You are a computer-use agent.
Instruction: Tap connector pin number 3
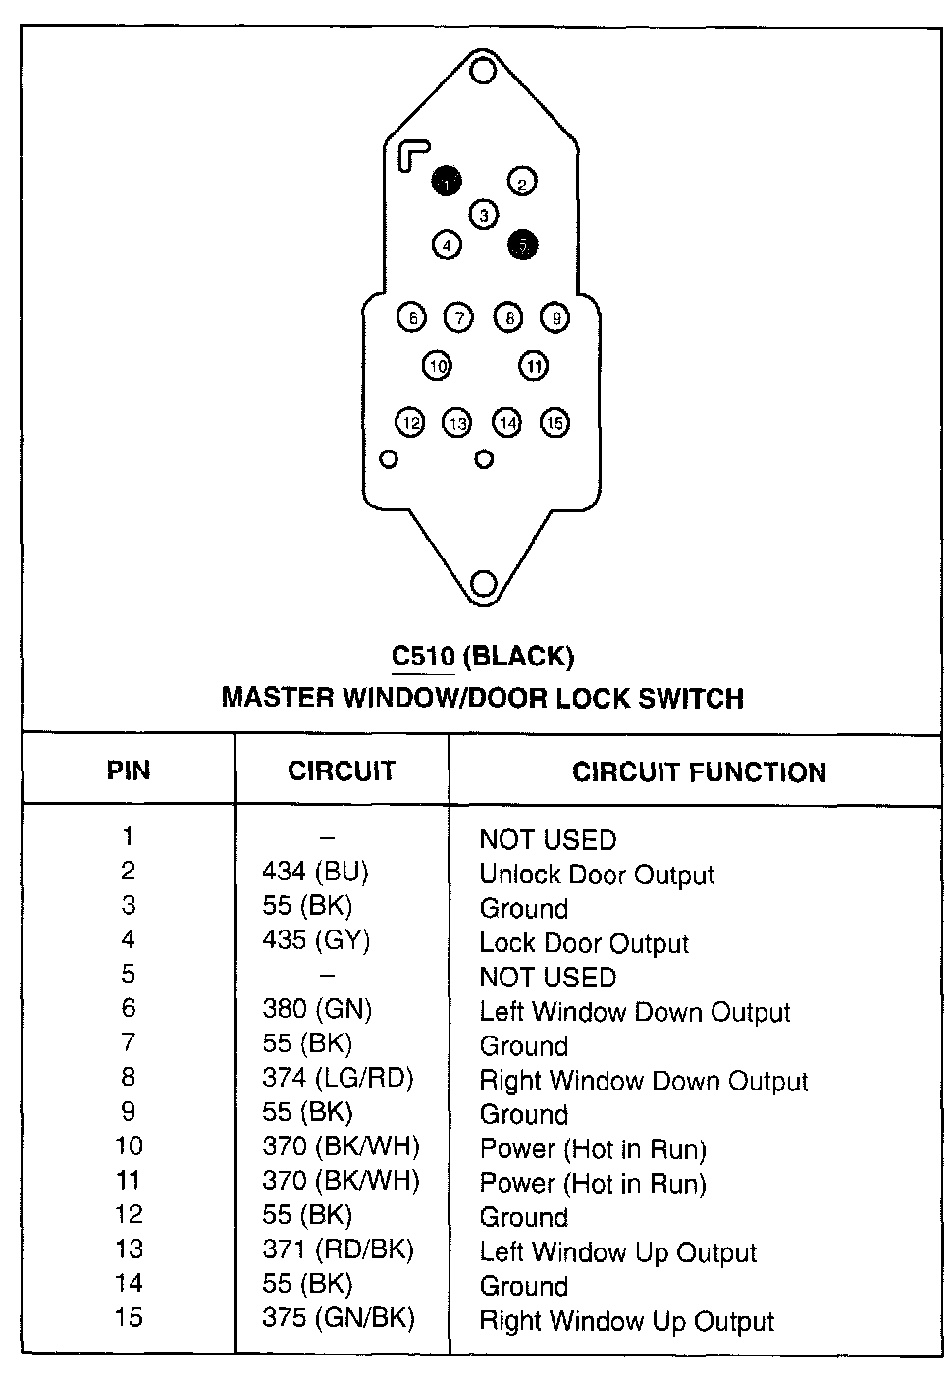pos(483,214)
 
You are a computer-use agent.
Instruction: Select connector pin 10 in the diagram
pos(437,366)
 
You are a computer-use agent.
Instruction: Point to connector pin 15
pos(555,422)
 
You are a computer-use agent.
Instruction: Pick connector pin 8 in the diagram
pos(508,317)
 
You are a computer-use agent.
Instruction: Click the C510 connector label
pos(423,656)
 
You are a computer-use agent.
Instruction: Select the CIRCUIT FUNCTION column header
pos(699,772)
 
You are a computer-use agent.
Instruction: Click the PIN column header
pos(129,771)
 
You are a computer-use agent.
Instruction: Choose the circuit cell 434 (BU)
pos(315,872)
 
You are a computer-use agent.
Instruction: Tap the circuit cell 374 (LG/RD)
pos(338,1078)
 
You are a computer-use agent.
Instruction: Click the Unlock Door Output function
pos(596,875)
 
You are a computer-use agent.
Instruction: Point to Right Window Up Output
pos(626,1321)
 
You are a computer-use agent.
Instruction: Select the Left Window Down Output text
pos(634,1012)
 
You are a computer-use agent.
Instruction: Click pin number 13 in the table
pos(129,1249)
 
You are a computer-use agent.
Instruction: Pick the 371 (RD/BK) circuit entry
pos(338,1249)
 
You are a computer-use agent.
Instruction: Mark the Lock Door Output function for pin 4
pos(583,943)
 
